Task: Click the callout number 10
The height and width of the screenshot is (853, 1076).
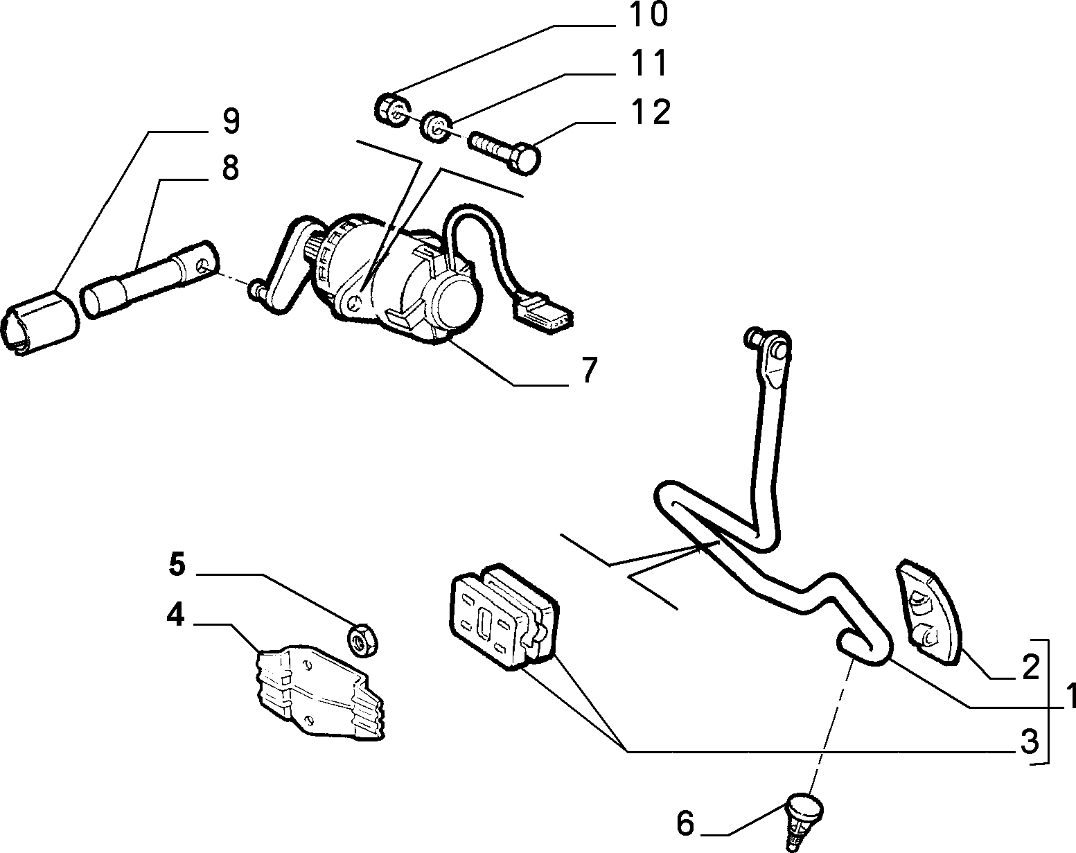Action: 648,15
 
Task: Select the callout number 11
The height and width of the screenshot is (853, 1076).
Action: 649,64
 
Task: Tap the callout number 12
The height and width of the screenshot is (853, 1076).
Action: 650,112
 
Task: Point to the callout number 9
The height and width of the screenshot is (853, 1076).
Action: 231,121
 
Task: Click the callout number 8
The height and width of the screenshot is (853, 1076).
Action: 230,168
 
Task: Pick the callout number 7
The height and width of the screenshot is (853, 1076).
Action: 590,370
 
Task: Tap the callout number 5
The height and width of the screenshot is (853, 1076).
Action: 177,564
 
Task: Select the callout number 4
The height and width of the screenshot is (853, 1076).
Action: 175,615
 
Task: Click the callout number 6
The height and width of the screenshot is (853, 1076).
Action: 685,823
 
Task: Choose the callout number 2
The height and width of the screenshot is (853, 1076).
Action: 1031,667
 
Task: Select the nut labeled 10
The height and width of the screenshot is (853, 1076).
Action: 393,109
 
